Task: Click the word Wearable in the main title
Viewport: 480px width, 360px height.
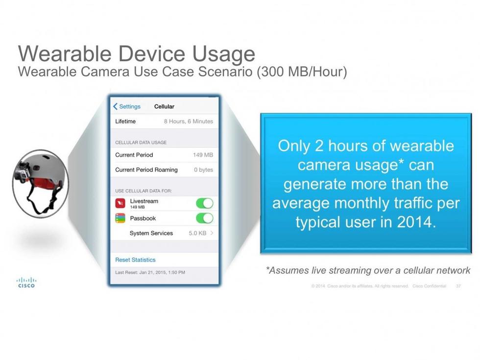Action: tap(65, 53)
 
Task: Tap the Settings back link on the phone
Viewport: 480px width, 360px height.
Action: tap(127, 107)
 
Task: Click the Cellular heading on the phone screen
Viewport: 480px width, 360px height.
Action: tap(164, 107)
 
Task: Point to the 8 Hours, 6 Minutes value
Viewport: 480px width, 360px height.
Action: tap(188, 121)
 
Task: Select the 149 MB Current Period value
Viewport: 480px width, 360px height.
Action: tap(203, 155)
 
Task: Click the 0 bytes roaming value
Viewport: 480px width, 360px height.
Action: tap(203, 169)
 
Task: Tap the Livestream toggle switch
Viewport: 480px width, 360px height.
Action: tap(205, 203)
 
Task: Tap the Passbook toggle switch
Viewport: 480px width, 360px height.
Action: tap(205, 218)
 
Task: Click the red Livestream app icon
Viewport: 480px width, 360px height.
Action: tap(120, 203)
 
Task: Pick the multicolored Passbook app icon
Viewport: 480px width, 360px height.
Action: tap(120, 218)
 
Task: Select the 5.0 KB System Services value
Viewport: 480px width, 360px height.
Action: tap(197, 233)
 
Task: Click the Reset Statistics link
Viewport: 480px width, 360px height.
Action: tap(135, 260)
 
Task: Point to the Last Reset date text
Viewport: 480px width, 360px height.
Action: tap(150, 272)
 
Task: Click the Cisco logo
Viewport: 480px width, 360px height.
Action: tap(26, 283)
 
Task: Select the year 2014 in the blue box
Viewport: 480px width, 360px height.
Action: tap(416, 222)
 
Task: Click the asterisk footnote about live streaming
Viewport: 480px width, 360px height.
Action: tap(368, 270)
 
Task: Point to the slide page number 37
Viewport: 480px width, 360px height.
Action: tap(458, 286)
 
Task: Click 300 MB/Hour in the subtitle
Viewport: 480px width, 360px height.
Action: tap(302, 72)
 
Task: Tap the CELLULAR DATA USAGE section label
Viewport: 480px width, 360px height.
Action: tap(141, 143)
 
